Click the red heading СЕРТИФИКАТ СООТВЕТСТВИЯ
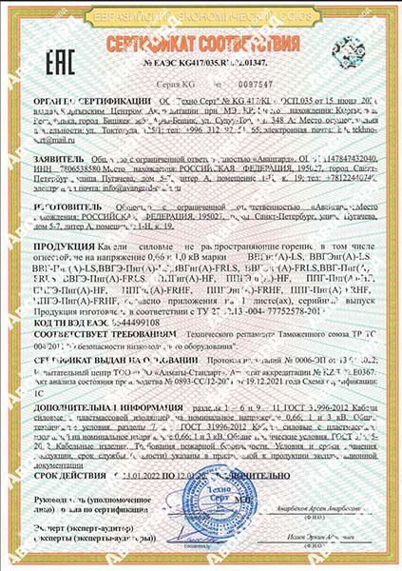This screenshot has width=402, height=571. coord(203,47)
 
